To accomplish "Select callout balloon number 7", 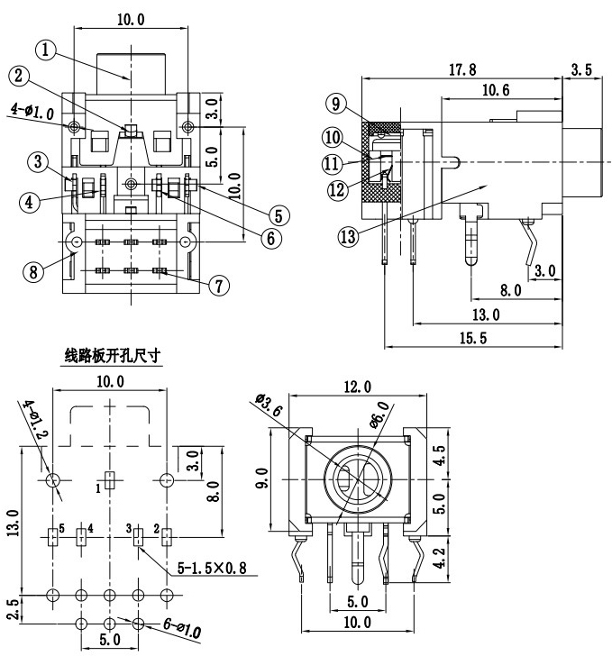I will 215,285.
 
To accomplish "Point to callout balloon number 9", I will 335,104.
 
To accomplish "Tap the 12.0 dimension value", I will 357,387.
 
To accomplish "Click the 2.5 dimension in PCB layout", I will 12,609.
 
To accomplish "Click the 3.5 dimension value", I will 582,68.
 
